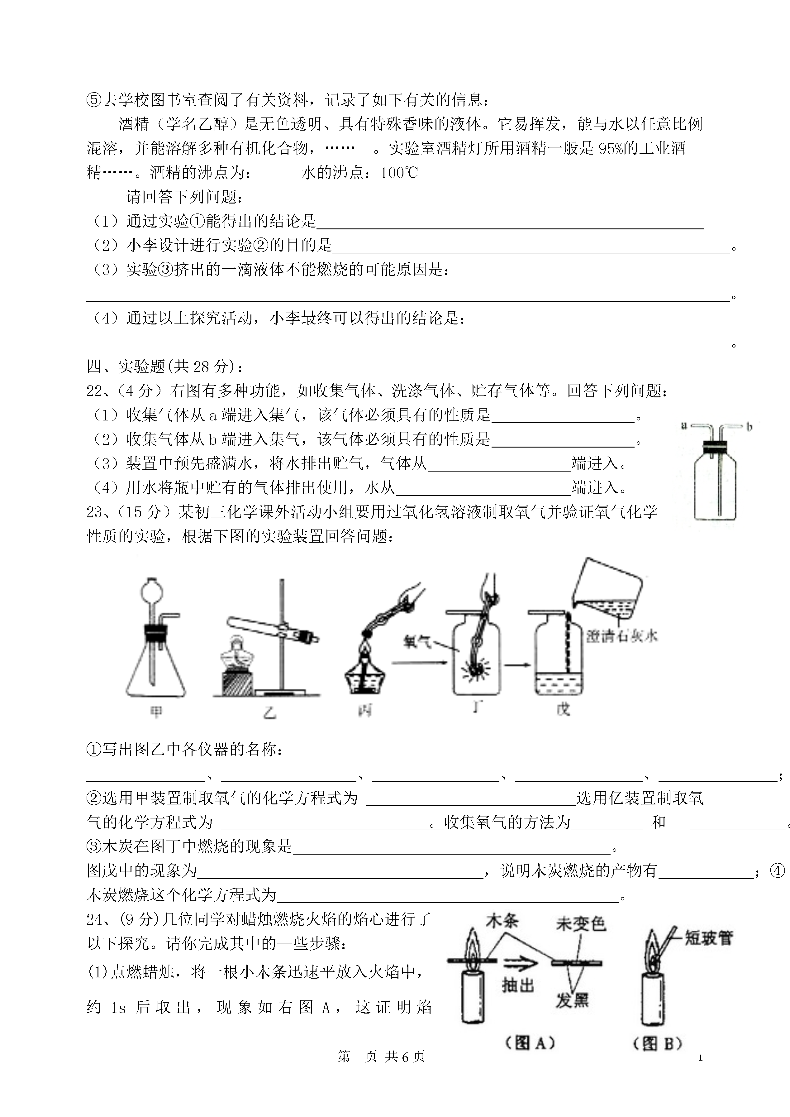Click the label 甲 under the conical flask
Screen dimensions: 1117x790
coord(156,712)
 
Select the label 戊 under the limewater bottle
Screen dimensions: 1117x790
coord(563,709)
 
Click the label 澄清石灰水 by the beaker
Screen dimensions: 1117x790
coord(622,636)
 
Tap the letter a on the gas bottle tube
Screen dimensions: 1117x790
coord(684,426)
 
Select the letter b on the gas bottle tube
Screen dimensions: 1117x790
coord(749,427)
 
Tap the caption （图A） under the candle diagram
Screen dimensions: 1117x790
coord(530,1043)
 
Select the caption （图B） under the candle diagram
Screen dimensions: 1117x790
coord(658,1043)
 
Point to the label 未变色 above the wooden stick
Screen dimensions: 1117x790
coord(581,923)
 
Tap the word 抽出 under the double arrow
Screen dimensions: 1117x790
coord(518,985)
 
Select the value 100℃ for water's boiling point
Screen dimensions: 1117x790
coord(399,173)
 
